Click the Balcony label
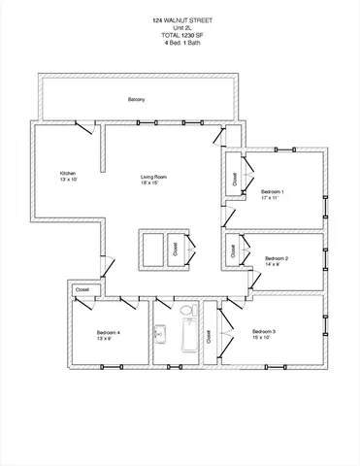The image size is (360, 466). [136, 100]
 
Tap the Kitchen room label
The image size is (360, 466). [68, 173]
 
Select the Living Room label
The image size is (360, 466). [153, 176]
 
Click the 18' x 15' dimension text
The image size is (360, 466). [153, 183]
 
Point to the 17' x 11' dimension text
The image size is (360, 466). [275, 198]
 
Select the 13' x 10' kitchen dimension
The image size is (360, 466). [68, 180]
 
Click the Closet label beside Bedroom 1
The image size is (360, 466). [234, 180]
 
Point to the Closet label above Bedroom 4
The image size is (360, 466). [82, 289]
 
